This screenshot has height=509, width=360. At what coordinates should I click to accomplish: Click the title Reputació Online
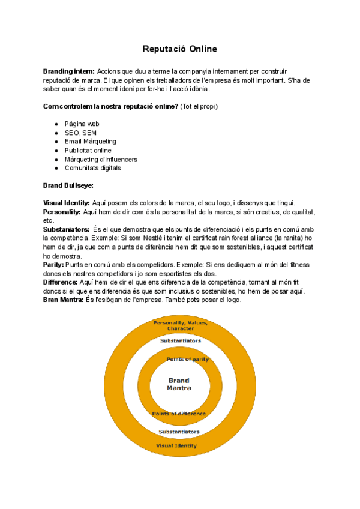(x=179, y=48)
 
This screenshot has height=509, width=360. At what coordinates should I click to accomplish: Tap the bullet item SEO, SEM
(x=80, y=133)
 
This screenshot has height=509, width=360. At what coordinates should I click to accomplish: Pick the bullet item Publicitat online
(x=88, y=151)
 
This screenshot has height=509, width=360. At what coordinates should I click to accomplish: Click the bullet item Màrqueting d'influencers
(x=101, y=160)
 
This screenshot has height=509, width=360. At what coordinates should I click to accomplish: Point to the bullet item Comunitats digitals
(x=92, y=168)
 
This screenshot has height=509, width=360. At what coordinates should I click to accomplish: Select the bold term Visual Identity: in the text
(x=67, y=203)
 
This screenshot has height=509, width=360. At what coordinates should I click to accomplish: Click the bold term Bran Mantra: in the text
(x=64, y=300)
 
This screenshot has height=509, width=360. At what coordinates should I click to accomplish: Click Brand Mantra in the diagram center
(x=179, y=384)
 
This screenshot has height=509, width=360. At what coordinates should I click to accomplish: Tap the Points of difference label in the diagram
(x=179, y=414)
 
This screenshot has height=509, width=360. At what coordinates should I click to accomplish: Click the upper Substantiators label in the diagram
(x=179, y=341)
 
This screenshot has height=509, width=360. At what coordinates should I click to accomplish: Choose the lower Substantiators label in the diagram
(x=179, y=432)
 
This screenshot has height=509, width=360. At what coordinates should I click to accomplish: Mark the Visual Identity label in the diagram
(x=176, y=446)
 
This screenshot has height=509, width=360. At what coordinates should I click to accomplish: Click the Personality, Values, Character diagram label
(x=180, y=326)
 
